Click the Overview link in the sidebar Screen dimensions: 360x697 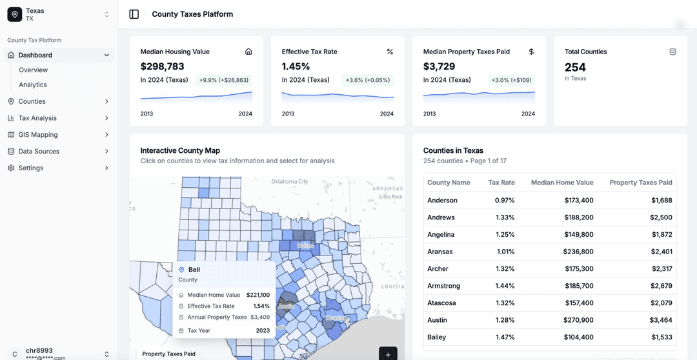tap(34, 70)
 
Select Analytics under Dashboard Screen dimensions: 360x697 tap(33, 85)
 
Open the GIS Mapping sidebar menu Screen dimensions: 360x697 tap(38, 135)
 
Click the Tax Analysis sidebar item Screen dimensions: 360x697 tap(37, 118)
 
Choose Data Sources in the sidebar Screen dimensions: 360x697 tap(39, 152)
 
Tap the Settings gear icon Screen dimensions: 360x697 tap(11, 168)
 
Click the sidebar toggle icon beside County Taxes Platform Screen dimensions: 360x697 tap(134, 14)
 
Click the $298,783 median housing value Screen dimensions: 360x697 tap(163, 66)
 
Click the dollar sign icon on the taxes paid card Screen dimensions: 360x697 tap(531, 52)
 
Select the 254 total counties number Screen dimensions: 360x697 tap(575, 67)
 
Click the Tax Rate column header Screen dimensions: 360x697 tap(501, 183)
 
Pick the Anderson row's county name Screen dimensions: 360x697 tap(442, 201)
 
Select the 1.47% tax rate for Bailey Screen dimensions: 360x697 tap(505, 337)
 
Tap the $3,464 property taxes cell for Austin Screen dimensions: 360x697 tap(662, 320)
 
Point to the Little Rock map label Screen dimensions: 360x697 tap(391, 196)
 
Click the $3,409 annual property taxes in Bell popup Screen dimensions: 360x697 tap(260, 317)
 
